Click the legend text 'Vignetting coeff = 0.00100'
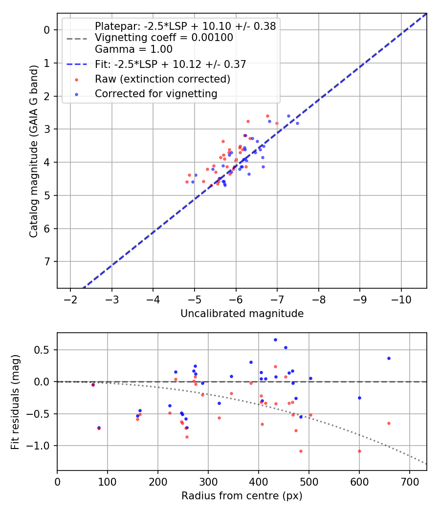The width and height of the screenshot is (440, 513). pyautogui.click(x=164, y=38)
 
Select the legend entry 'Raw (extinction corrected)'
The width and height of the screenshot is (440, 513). pyautogui.click(x=162, y=79)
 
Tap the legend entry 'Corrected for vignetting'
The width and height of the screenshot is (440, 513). pyautogui.click(x=156, y=93)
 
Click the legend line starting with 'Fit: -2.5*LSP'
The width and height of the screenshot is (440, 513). pyautogui.click(x=170, y=64)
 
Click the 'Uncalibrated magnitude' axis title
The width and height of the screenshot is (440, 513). pyautogui.click(x=242, y=314)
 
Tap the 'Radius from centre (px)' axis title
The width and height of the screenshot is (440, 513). pyautogui.click(x=242, y=496)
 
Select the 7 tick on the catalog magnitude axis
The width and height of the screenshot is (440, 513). pyautogui.click(x=47, y=262)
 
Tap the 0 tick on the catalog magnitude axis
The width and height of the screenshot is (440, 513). pyautogui.click(x=47, y=30)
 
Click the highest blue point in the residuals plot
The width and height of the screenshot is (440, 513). pyautogui.click(x=275, y=340)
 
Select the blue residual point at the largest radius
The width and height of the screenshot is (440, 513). pyautogui.click(x=389, y=358)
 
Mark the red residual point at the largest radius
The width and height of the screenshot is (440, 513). pyautogui.click(x=389, y=423)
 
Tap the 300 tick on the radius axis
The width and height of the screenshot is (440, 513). pyautogui.click(x=208, y=481)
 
